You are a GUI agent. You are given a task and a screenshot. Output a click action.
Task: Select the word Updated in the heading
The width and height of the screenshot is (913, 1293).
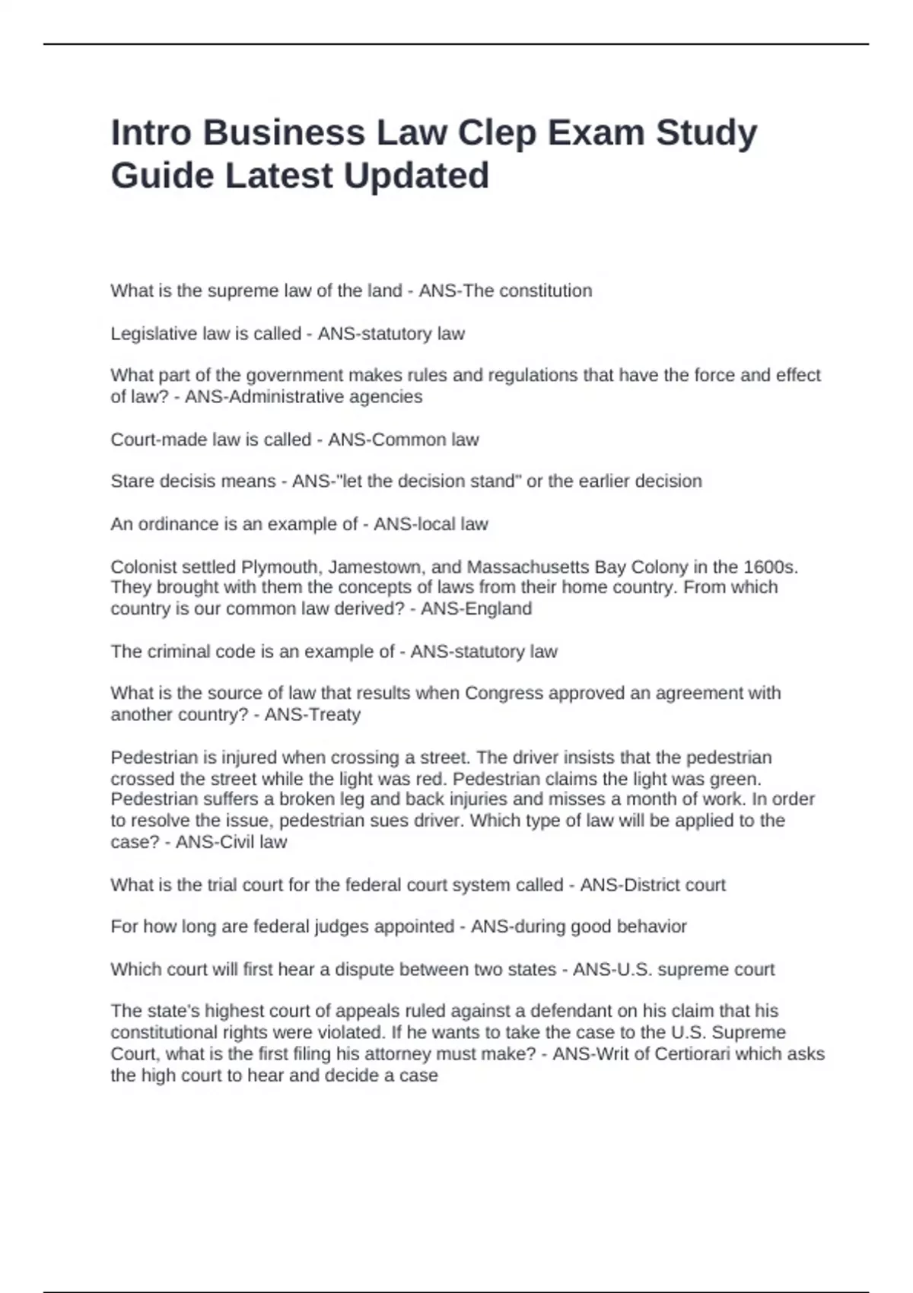(416, 176)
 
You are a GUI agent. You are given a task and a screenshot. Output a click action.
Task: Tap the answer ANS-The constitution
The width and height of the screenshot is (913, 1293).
(505, 291)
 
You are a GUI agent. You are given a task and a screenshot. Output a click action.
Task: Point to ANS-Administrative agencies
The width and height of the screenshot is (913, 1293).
(304, 396)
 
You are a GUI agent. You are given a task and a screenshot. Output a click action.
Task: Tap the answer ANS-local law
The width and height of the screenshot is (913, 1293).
(431, 524)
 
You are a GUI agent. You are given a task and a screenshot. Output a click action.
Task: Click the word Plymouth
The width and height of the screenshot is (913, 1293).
(273, 567)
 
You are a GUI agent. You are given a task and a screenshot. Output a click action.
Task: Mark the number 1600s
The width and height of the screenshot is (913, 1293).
(770, 567)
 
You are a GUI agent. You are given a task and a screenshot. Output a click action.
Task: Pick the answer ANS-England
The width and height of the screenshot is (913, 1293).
(476, 608)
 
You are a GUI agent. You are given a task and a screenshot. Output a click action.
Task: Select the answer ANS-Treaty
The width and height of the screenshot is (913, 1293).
(313, 714)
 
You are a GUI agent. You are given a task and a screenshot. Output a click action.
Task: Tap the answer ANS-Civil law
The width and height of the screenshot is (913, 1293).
(231, 842)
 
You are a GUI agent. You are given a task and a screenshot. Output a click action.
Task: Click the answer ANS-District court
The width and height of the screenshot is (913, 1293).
(653, 885)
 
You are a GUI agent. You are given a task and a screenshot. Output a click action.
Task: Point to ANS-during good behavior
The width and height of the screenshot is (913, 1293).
(579, 926)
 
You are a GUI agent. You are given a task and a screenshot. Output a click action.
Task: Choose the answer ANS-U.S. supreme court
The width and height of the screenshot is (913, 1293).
(673, 970)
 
